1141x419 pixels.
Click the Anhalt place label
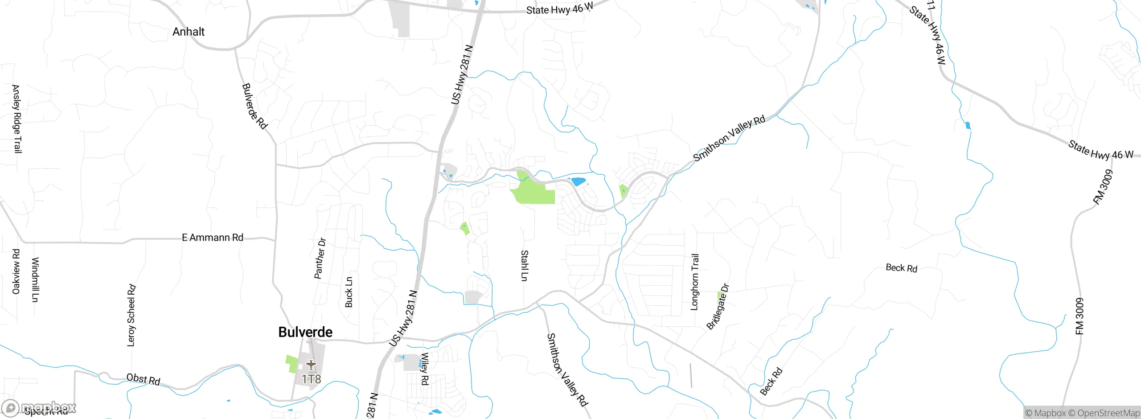coord(189,32)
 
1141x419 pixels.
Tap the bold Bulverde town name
coord(305,332)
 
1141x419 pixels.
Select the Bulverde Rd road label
coord(254,106)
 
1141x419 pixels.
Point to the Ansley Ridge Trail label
coord(16,119)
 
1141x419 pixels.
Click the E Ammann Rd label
coord(213,238)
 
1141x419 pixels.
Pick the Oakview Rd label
coord(16,271)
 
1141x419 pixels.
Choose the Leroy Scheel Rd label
coord(131,315)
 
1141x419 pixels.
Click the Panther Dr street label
coord(320,259)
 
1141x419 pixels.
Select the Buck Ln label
coord(349,292)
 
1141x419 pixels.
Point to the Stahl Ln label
coord(525,266)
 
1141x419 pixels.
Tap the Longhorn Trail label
coord(695,282)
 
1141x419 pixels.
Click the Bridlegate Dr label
coord(718,307)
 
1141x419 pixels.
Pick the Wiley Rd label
coord(425,369)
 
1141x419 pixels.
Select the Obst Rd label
coord(143,379)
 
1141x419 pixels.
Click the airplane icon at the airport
coord(311,365)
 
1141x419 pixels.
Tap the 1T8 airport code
coord(311,379)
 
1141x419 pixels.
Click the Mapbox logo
coord(39,407)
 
